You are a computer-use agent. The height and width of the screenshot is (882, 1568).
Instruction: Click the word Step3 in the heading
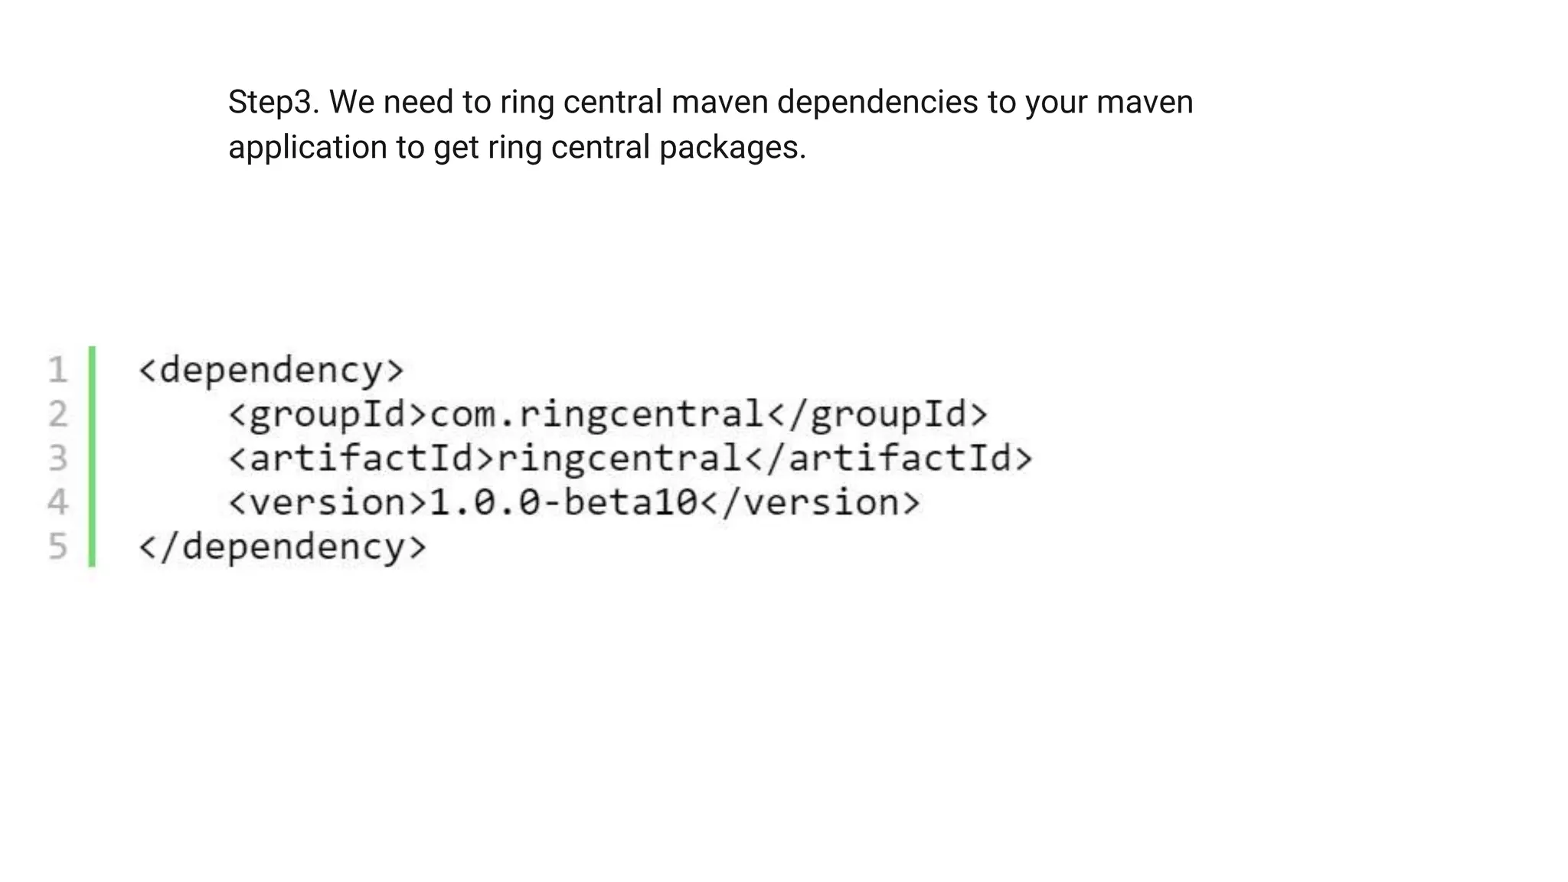click(273, 103)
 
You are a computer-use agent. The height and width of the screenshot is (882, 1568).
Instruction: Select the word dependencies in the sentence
click(877, 103)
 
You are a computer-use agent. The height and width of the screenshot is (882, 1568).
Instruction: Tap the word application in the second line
click(307, 147)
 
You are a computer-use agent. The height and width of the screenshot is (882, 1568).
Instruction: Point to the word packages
click(732, 147)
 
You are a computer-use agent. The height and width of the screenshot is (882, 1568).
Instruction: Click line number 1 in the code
click(57, 371)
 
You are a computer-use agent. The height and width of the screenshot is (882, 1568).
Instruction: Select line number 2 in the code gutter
click(57, 414)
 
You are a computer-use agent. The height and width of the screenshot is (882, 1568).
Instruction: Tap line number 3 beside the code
click(57, 459)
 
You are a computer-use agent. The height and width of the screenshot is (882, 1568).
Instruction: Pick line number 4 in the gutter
click(57, 503)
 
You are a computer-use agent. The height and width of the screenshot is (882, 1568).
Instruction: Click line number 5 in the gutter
click(57, 547)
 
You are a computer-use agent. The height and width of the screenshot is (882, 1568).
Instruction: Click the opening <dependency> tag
click(270, 371)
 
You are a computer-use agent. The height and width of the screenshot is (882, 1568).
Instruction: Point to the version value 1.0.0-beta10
click(564, 503)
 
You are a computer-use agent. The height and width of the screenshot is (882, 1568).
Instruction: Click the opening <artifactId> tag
click(362, 459)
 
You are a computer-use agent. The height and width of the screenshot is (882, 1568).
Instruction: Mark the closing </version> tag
click(810, 503)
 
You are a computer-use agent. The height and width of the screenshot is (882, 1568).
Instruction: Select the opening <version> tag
click(328, 503)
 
